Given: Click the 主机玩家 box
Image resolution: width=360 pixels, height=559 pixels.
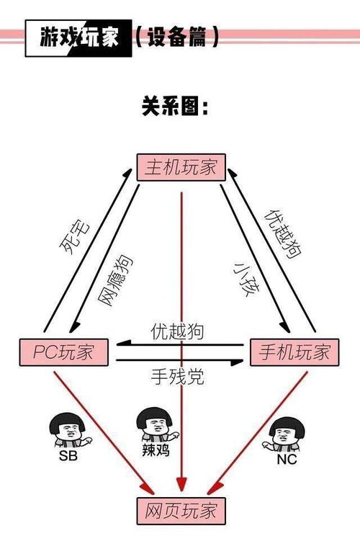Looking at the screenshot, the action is [x=181, y=167].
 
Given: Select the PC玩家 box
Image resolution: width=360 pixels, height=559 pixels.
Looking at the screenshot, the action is [x=64, y=352].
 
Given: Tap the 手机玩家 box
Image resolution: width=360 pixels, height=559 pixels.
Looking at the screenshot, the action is [x=294, y=352].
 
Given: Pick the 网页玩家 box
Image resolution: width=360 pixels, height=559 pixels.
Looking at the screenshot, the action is [x=181, y=511].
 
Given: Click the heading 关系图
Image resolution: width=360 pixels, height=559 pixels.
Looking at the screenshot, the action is [x=175, y=106].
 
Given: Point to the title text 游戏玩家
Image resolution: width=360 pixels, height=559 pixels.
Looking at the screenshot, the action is [x=78, y=37].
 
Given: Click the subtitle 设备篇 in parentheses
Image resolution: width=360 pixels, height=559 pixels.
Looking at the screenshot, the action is [x=176, y=37].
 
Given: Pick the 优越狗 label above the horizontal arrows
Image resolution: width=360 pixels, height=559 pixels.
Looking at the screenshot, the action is [x=177, y=331].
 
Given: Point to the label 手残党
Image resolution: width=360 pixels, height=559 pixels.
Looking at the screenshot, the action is [x=177, y=376].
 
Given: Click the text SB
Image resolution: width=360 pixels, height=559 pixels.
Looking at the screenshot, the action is [x=68, y=455].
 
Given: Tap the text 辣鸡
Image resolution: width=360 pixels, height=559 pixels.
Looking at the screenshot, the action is [x=156, y=450].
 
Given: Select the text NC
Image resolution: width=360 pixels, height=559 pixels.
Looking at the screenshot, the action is [x=287, y=460].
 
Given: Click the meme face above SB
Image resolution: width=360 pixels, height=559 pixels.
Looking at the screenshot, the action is [x=71, y=431].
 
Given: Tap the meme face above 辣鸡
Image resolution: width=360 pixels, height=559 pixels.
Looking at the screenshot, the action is [x=157, y=424].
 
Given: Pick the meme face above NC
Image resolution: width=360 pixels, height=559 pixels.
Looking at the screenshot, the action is [x=284, y=434].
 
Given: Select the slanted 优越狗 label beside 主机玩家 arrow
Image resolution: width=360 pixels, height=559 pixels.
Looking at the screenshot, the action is [x=282, y=234].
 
